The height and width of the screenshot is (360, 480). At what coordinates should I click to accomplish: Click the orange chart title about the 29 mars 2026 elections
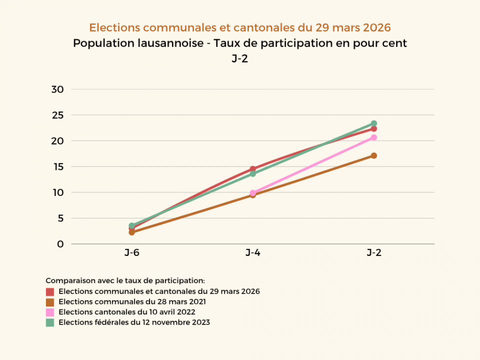pos(240,27)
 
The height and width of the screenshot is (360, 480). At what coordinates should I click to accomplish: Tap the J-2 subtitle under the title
pos(240,59)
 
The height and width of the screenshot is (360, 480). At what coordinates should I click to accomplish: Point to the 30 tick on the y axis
pos(57,89)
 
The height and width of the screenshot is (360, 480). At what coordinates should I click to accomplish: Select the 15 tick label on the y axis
pos(57,166)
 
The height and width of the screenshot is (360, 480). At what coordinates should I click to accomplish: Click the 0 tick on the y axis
pos(60,244)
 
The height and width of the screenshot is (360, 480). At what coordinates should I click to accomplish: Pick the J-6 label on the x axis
pos(132,253)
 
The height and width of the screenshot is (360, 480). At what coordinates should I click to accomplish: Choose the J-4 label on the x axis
pos(252,253)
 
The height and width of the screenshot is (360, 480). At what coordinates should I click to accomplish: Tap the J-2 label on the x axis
pos(374,253)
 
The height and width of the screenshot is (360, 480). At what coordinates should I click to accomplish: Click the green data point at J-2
pos(374,123)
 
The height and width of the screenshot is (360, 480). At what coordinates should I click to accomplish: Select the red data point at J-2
pos(374,129)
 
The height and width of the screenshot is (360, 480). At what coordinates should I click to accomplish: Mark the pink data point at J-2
pos(374,137)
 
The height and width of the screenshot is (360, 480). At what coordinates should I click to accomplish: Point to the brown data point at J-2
pos(374,155)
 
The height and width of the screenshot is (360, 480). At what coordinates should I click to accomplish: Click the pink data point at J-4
pos(253,192)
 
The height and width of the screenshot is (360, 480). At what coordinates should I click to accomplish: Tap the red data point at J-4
pos(253,169)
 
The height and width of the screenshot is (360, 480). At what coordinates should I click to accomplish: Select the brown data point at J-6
pos(131,232)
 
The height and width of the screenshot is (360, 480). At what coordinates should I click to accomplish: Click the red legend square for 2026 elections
pos(50,291)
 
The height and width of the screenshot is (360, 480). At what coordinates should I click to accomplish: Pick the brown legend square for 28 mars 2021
pos(50,302)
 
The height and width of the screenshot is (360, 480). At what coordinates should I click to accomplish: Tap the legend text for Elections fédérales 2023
pos(134,322)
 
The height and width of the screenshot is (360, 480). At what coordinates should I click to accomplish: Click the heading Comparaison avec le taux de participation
pos(125,280)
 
